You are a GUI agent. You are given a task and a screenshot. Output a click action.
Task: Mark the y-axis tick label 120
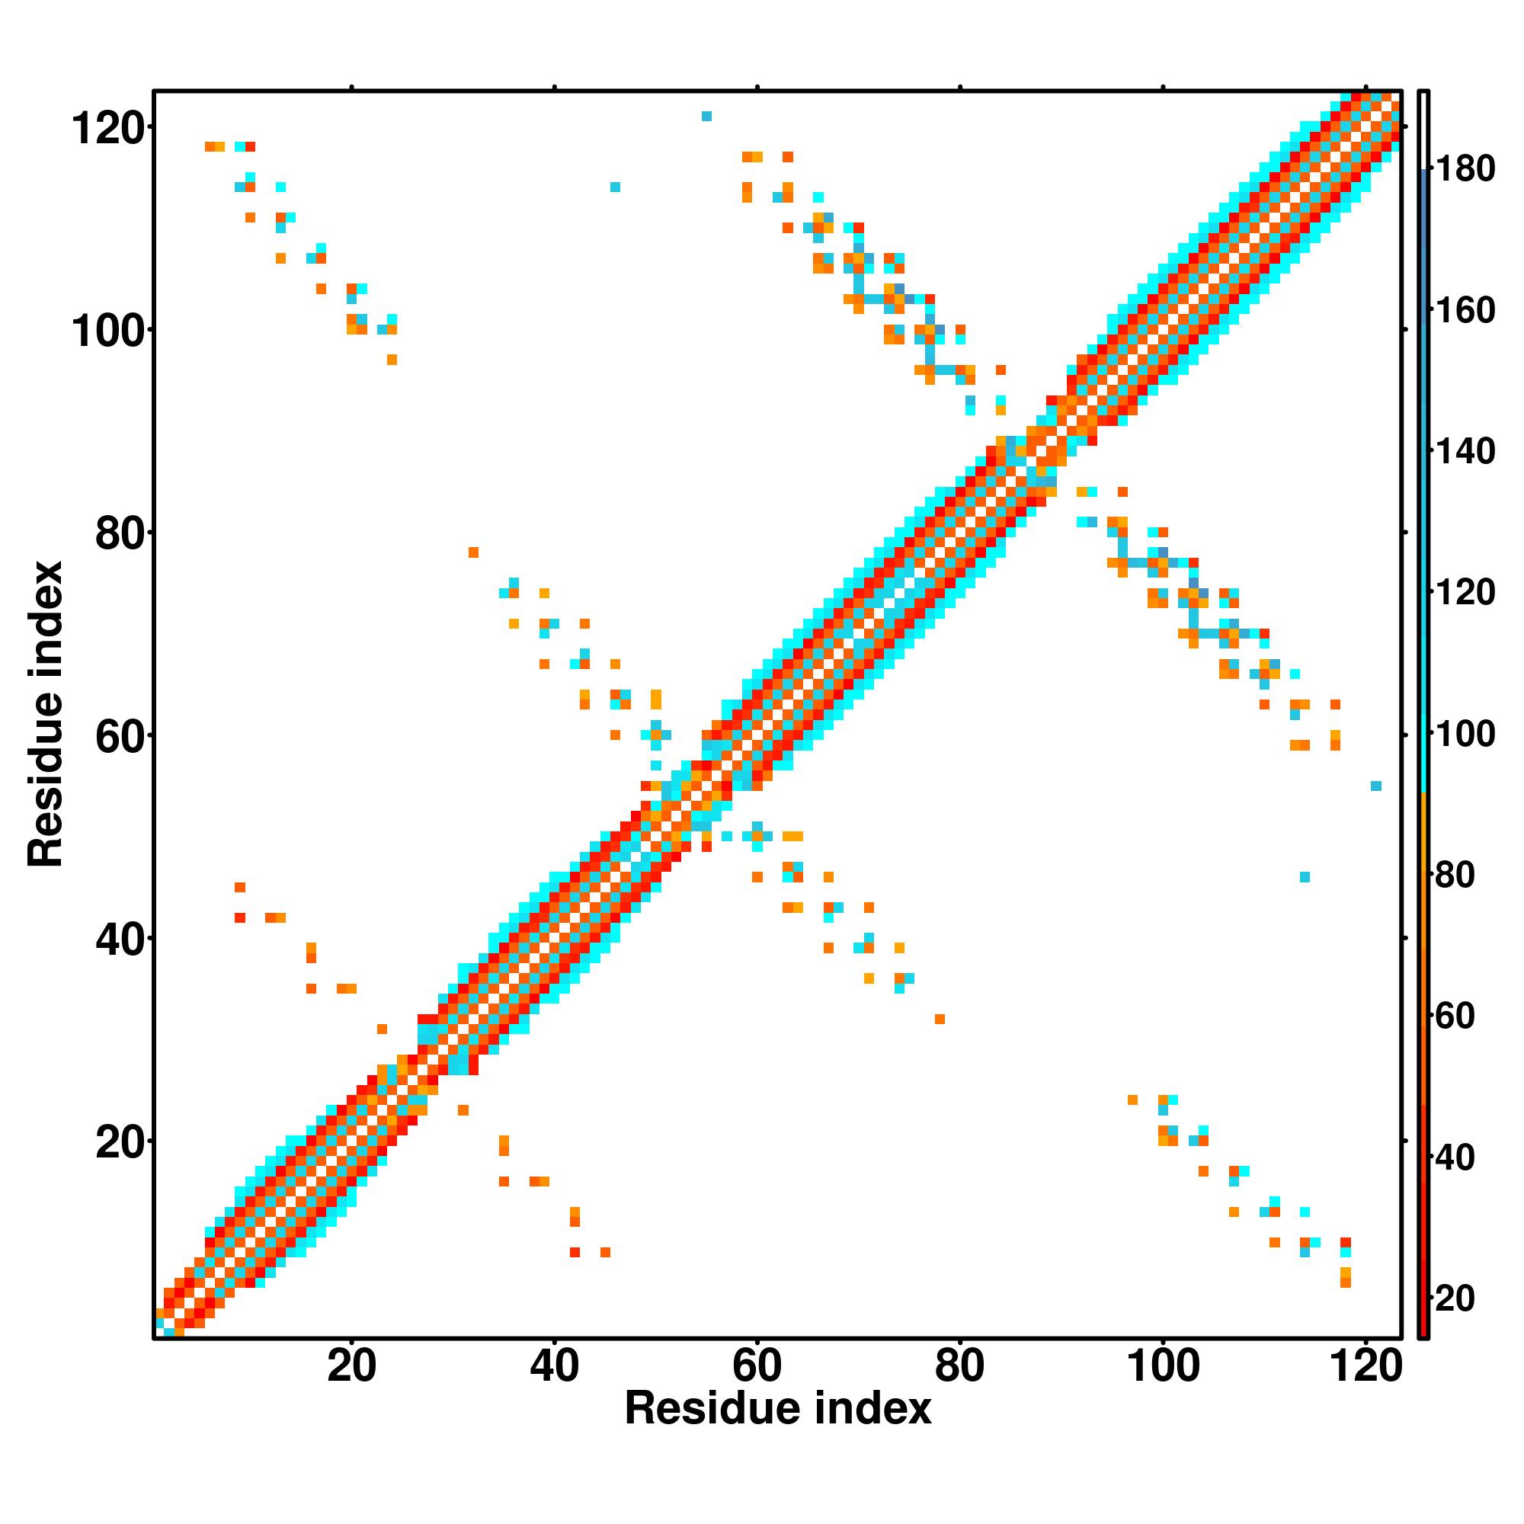pyautogui.click(x=110, y=129)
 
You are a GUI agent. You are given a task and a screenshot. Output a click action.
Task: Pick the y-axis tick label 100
pyautogui.click(x=110, y=331)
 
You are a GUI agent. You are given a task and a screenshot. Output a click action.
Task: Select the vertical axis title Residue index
pyautogui.click(x=45, y=715)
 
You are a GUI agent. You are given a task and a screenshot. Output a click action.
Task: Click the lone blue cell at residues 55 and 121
pyautogui.click(x=707, y=117)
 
